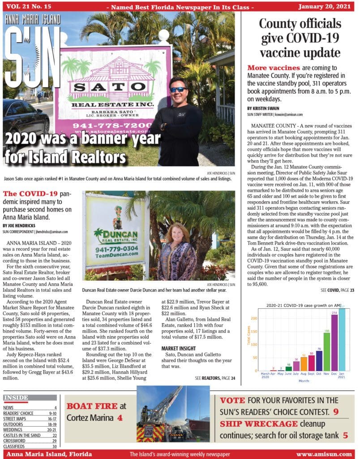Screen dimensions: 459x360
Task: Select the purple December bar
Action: (x=334, y=342)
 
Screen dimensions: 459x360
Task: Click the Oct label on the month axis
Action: (x=319, y=373)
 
